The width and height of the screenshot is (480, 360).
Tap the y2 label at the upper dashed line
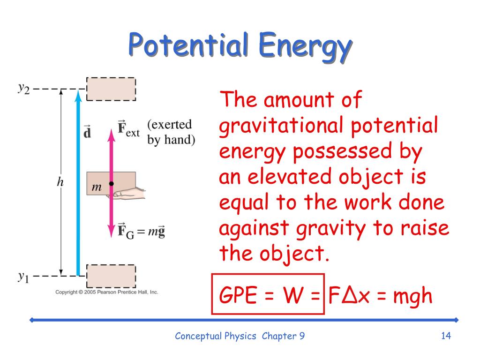24,89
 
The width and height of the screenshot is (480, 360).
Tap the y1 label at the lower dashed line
23,277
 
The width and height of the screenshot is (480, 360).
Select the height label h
60,182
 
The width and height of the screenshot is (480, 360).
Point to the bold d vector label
87,132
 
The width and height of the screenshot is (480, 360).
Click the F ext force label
128,129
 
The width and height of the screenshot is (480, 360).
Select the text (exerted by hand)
171,132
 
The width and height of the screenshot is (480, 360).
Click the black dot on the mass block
112,184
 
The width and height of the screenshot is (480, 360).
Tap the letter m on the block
97,187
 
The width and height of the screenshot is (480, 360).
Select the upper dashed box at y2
111,89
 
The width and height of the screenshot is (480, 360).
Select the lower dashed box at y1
111,276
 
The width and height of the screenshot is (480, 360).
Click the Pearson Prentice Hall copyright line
106,292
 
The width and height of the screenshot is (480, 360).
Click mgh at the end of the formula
412,296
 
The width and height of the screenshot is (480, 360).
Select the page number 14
446,336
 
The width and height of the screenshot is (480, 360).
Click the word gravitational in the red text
281,126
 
